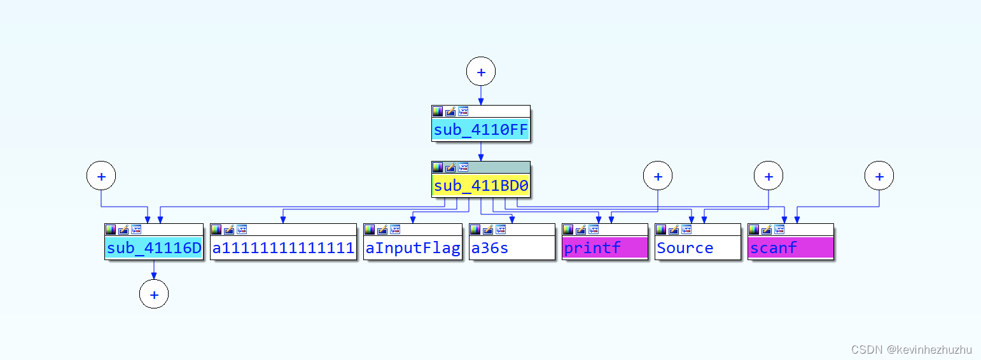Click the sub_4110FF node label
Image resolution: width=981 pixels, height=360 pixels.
pyautogui.click(x=480, y=130)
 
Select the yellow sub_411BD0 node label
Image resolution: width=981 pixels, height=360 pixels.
pyautogui.click(x=480, y=186)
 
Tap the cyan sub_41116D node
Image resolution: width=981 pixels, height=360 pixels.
pyautogui.click(x=154, y=248)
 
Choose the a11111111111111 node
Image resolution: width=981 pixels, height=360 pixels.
pyautogui.click(x=283, y=248)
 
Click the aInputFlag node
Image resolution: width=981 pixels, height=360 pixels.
pyautogui.click(x=413, y=248)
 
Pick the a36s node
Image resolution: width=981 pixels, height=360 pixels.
pyautogui.click(x=511, y=248)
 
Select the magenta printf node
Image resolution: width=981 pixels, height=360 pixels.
pyautogui.click(x=604, y=248)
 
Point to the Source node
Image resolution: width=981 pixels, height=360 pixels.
pyautogui.click(x=697, y=248)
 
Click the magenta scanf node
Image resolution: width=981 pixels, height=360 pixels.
pyautogui.click(x=790, y=248)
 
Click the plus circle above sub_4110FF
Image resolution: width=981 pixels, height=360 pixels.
pyautogui.click(x=481, y=72)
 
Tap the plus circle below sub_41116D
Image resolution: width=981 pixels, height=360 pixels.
pyautogui.click(x=154, y=294)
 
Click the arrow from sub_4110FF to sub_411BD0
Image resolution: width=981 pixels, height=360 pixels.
pyautogui.click(x=480, y=151)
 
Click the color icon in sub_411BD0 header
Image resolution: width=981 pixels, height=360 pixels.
pyautogui.click(x=437, y=167)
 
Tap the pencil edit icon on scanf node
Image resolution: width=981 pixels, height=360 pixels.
pyautogui.click(x=766, y=230)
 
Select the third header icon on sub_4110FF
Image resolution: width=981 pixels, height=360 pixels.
pyautogui.click(x=463, y=111)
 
